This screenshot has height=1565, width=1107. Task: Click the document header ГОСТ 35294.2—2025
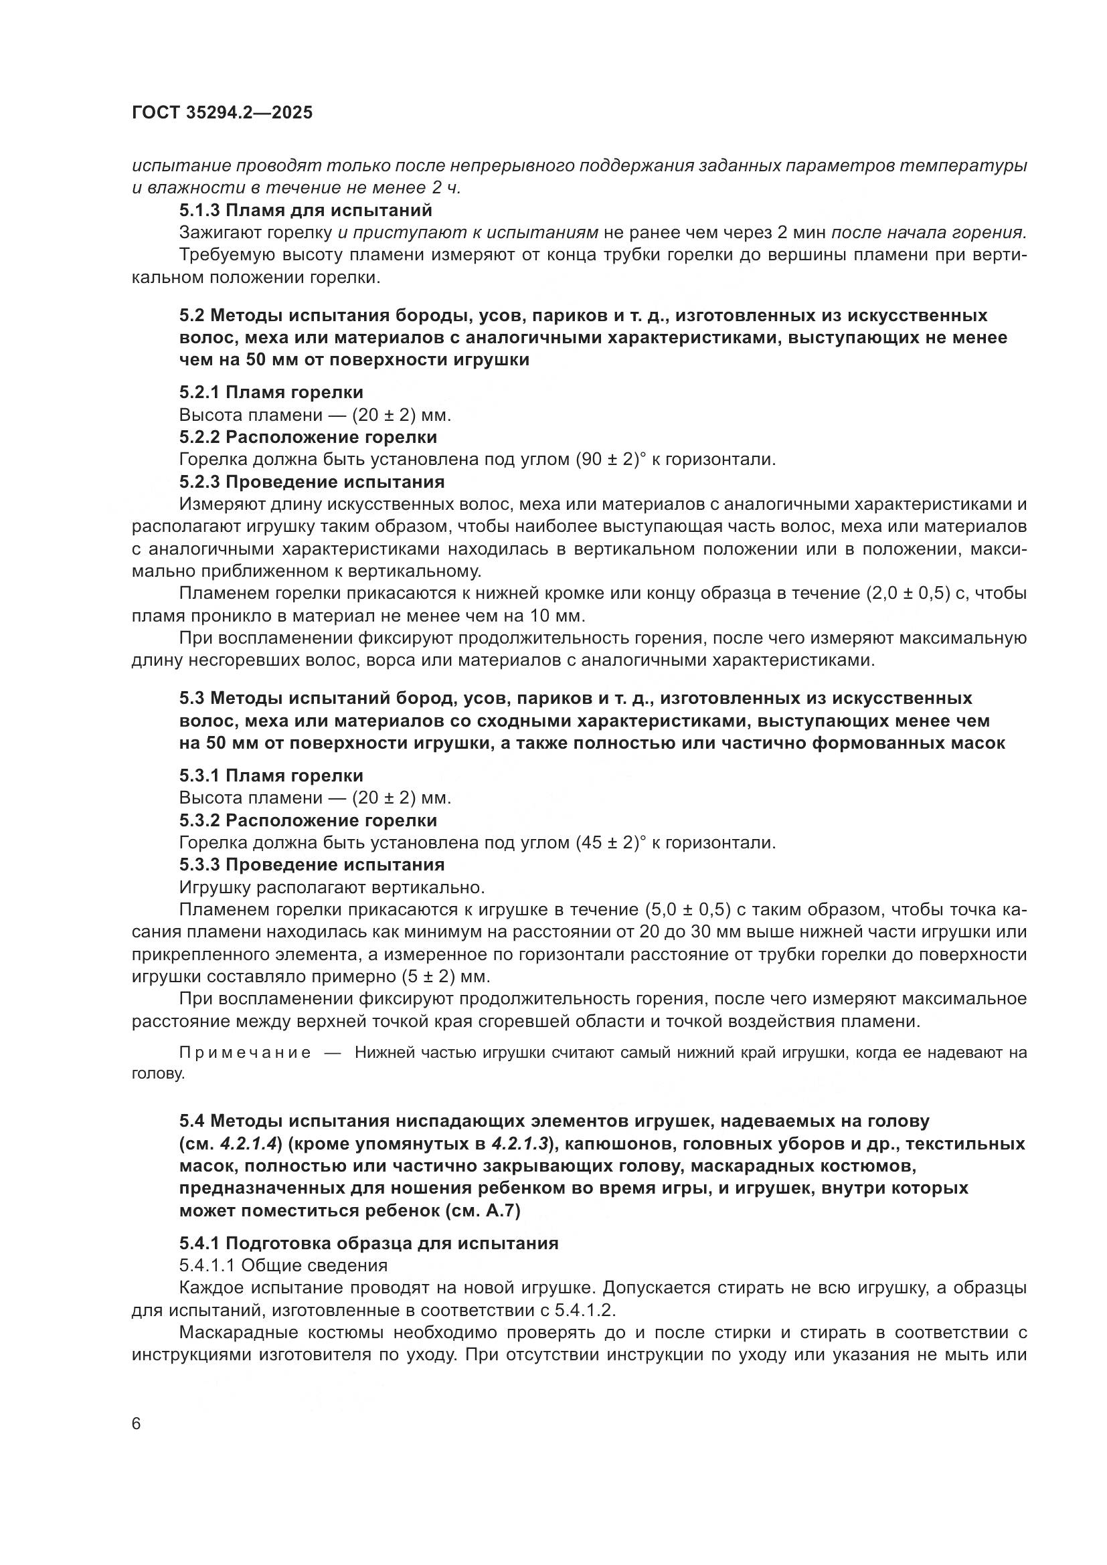[222, 112]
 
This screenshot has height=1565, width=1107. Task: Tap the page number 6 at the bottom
[137, 1424]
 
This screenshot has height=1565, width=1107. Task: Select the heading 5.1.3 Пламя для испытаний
[305, 210]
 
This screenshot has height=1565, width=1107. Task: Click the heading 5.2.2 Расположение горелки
[308, 436]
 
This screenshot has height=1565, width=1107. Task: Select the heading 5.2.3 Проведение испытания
[311, 482]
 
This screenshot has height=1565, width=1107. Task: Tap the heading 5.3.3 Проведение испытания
[311, 865]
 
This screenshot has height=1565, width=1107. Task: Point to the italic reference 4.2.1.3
[520, 1143]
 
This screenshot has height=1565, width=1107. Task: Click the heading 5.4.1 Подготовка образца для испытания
[369, 1243]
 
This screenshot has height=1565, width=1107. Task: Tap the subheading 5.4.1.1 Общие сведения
[283, 1266]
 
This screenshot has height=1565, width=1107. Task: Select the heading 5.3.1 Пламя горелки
[271, 775]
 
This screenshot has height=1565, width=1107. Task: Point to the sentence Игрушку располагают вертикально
[331, 887]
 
